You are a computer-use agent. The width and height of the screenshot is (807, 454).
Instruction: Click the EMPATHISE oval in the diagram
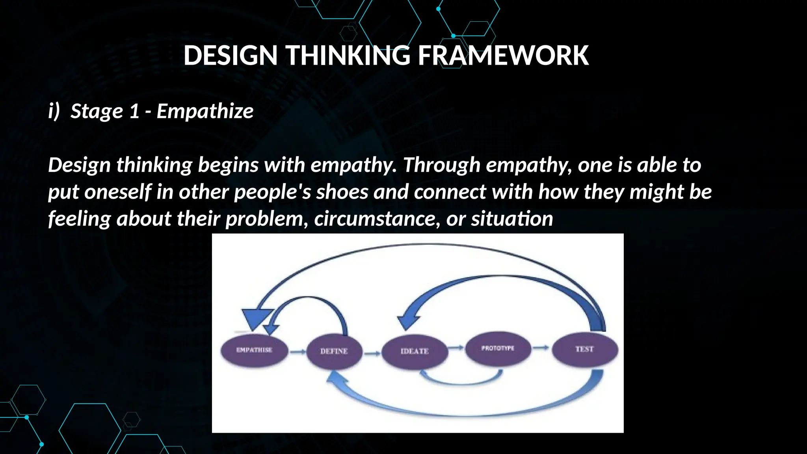[x=254, y=350]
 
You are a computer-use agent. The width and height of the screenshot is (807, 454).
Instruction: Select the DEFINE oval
[x=334, y=351]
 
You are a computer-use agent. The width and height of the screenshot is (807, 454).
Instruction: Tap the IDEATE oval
[x=415, y=351]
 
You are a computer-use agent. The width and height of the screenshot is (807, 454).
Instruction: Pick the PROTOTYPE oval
[x=498, y=348]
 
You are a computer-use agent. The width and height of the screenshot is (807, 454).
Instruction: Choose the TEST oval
[x=584, y=349]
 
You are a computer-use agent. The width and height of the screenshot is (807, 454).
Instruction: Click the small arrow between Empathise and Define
[x=298, y=351]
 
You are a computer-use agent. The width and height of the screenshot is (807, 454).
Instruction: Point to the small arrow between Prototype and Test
[x=541, y=348]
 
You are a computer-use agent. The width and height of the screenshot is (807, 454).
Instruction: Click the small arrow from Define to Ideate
[x=372, y=354]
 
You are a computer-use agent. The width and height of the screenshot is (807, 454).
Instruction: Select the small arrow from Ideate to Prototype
[x=456, y=348]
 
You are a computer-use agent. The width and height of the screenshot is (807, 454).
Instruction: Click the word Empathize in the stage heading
[x=205, y=111]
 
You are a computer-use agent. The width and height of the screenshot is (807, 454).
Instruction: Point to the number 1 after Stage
[x=134, y=111]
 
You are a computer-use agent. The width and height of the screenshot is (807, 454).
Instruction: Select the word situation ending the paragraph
[x=512, y=219]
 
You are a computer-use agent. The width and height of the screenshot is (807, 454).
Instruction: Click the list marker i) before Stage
[x=54, y=111]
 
